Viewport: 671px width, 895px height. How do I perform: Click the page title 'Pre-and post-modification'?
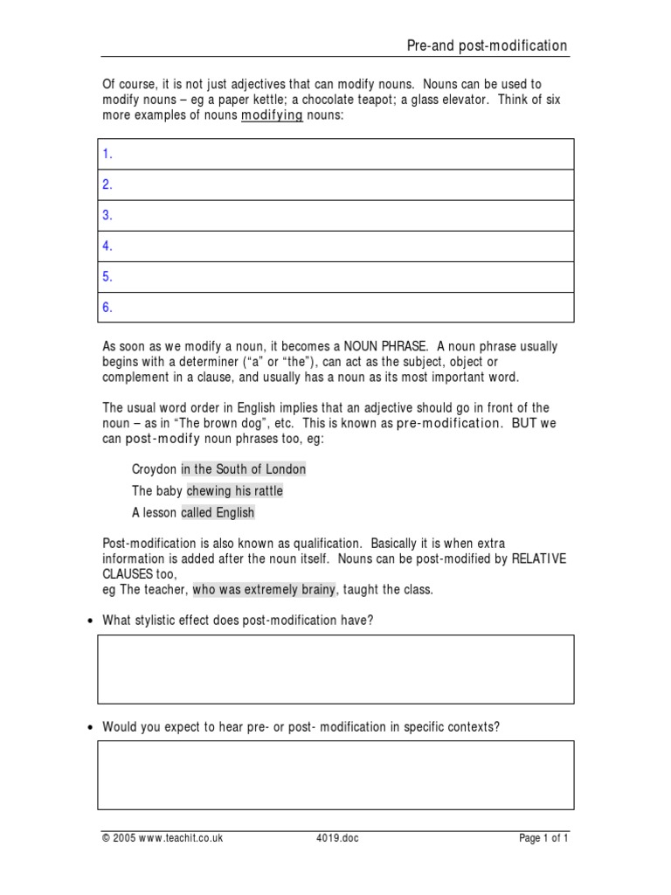[x=487, y=45]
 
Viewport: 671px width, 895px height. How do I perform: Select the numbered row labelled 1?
[x=335, y=154]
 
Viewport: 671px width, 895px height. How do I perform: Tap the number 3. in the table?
[x=108, y=215]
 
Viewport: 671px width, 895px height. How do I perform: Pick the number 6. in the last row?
[x=108, y=307]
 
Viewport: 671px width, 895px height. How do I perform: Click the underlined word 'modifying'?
[x=272, y=115]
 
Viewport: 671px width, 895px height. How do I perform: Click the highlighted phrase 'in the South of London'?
[x=244, y=468]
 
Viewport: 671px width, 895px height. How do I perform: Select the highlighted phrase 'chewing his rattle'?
[x=235, y=490]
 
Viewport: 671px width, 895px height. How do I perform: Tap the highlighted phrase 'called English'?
[x=218, y=512]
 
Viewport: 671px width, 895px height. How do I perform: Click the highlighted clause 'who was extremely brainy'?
[x=264, y=589]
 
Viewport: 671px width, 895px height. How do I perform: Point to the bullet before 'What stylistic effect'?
[x=91, y=621]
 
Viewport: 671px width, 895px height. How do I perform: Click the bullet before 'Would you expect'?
[x=91, y=727]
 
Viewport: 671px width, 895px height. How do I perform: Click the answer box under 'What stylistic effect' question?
[x=335, y=669]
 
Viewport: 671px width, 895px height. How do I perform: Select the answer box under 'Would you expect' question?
[x=335, y=774]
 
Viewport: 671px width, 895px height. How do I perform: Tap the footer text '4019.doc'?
[x=337, y=838]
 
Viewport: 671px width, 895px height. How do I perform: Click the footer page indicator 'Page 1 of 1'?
[x=543, y=838]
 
